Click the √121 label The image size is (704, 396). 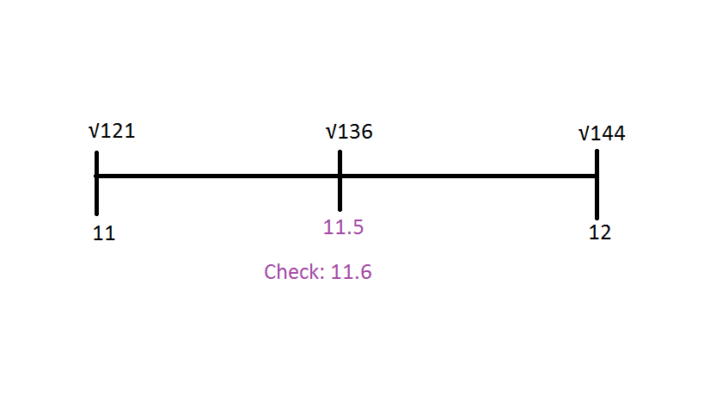click(112, 132)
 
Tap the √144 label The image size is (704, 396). click(602, 133)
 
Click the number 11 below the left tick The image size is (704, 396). click(104, 232)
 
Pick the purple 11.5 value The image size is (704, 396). click(343, 227)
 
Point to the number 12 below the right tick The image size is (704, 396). click(600, 232)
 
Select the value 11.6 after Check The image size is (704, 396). click(351, 272)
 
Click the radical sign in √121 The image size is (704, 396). click(93, 132)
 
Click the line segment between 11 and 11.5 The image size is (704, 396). click(218, 176)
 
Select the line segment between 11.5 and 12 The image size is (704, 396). click(468, 176)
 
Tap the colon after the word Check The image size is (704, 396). click(321, 274)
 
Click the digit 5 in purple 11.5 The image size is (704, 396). click(358, 227)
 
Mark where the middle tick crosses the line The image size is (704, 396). click(340, 176)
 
